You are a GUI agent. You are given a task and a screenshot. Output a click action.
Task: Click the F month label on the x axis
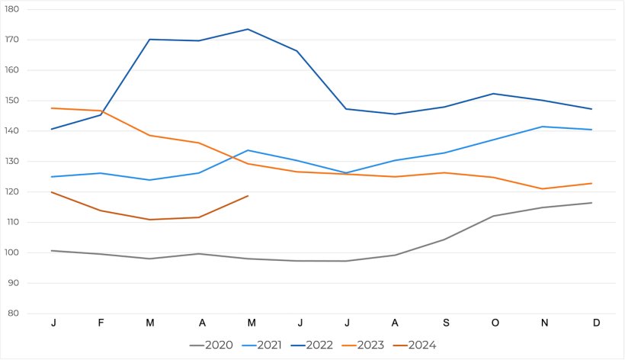coord(101,323)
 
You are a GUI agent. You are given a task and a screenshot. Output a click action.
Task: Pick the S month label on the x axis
coord(444,323)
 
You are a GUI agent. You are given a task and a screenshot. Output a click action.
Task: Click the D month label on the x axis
coord(596,323)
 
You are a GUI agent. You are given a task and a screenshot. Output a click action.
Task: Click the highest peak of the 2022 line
coord(248,29)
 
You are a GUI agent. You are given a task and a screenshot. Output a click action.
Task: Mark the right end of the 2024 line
coord(248,196)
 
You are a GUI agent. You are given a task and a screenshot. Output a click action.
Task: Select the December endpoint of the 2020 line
coord(592,203)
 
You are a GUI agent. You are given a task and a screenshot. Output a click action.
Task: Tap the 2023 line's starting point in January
coord(52,108)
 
